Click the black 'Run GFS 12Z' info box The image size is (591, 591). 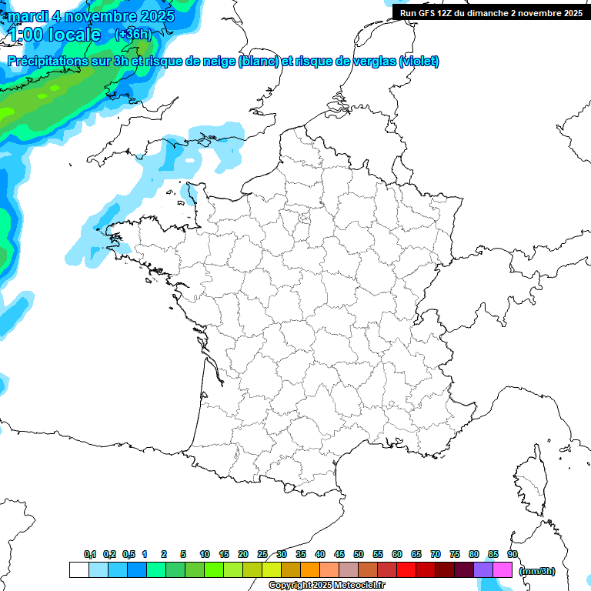click(x=491, y=13)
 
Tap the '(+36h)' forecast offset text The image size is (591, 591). click(x=133, y=34)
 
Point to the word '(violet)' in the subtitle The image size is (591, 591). click(x=419, y=62)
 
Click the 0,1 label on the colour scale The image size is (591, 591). click(x=89, y=554)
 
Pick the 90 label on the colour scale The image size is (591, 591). click(x=513, y=554)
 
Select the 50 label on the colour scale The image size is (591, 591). click(x=359, y=554)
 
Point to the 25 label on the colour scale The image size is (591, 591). click(x=262, y=554)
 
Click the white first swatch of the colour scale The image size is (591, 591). click(x=78, y=569)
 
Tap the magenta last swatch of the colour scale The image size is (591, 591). click(x=503, y=569)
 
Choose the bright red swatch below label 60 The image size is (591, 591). click(x=406, y=569)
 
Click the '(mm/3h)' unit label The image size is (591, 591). click(x=536, y=571)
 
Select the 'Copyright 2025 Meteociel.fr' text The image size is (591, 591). click(x=326, y=586)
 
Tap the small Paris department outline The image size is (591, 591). click(x=304, y=220)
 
